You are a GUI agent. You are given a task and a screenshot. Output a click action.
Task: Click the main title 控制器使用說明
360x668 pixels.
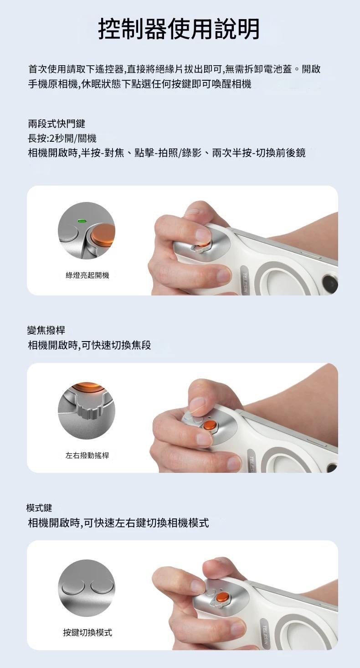tap(179, 29)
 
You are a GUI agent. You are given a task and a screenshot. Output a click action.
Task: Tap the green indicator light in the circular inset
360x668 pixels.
tap(82, 221)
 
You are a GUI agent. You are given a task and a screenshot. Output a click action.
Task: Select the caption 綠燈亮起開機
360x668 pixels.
tap(87, 275)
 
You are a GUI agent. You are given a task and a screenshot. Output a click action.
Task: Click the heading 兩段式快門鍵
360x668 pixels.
tap(57, 124)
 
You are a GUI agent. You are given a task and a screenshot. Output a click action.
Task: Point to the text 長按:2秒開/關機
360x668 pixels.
tap(62, 138)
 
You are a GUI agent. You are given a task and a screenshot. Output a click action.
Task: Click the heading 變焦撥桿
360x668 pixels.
tap(46, 330)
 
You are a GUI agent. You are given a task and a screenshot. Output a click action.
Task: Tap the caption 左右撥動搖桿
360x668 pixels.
tap(87, 455)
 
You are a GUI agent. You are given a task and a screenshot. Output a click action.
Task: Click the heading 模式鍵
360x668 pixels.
tap(39, 507)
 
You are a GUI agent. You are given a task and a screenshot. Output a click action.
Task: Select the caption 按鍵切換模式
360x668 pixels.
tap(87, 632)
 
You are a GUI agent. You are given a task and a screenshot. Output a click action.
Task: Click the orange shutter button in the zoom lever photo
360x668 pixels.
tap(211, 425)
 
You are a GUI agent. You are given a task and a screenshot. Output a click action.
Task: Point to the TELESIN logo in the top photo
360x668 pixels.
tap(246, 280)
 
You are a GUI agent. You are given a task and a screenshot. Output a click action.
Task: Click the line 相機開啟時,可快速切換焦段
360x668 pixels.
tap(89, 345)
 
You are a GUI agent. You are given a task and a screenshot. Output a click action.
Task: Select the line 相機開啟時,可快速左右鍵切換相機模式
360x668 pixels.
tap(118, 523)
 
